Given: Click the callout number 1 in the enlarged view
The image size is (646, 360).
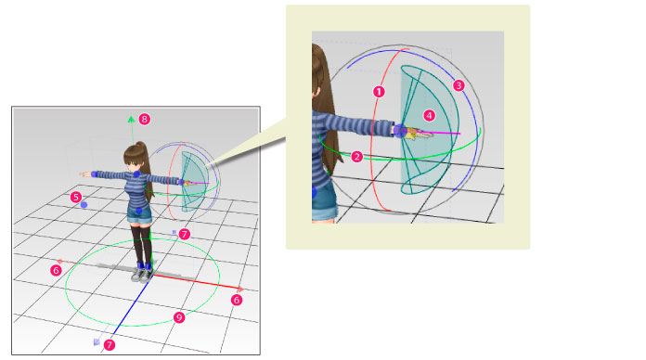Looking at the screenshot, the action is pyautogui.click(x=379, y=92).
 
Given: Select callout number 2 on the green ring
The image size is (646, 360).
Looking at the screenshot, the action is pyautogui.click(x=356, y=157).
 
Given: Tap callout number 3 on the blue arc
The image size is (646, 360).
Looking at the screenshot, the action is pyautogui.click(x=459, y=85).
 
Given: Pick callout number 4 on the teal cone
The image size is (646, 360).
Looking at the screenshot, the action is pyautogui.click(x=430, y=116).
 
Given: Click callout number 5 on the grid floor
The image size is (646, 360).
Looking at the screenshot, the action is pyautogui.click(x=75, y=197).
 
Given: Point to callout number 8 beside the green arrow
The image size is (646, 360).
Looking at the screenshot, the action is pyautogui.click(x=144, y=120).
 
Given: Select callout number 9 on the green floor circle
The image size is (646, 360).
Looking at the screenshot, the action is pyautogui.click(x=179, y=317).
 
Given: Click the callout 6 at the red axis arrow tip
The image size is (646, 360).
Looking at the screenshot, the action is pyautogui.click(x=236, y=301).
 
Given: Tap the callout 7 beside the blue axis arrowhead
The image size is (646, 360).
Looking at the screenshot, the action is pyautogui.click(x=110, y=345).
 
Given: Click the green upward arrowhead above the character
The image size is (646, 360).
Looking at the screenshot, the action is pyautogui.click(x=131, y=120).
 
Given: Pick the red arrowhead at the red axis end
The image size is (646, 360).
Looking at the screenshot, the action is pyautogui.click(x=240, y=289).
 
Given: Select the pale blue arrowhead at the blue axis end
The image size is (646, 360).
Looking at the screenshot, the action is pyautogui.click(x=97, y=341).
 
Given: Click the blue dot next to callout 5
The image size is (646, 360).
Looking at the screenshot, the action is pyautogui.click(x=84, y=205).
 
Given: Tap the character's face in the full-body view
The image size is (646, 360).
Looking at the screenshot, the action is pyautogui.click(x=133, y=164).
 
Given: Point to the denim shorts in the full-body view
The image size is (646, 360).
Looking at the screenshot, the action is pyautogui.click(x=139, y=214).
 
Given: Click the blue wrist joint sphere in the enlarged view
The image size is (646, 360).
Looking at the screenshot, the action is pyautogui.click(x=400, y=131).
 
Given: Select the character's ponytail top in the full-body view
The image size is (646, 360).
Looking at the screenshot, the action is pyautogui.click(x=140, y=146).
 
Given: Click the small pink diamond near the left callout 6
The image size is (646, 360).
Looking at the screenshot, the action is pyautogui.click(x=60, y=262).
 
